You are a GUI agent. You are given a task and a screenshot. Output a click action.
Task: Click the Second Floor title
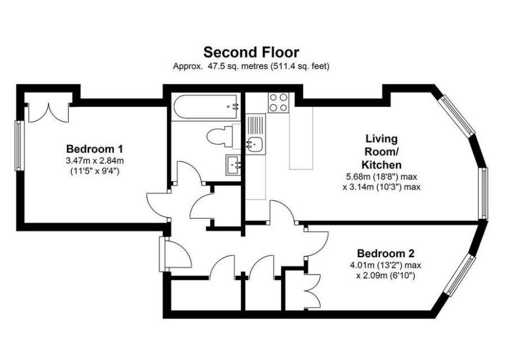click(x=251, y=52)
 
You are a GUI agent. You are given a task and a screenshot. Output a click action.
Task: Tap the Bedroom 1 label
click(x=94, y=149)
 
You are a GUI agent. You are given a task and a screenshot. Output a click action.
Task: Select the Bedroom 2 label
click(x=386, y=253)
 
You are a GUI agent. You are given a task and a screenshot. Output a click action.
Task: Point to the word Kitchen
click(x=381, y=164)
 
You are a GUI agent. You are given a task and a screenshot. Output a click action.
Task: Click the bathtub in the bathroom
click(x=205, y=107)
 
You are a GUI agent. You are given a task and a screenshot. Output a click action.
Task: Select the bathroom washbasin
click(x=233, y=165)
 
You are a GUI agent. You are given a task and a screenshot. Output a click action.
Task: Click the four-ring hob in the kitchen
click(x=278, y=103)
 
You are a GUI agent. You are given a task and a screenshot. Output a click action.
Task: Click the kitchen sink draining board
click(x=256, y=124)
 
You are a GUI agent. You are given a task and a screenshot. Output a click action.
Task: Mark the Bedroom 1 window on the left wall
click(x=19, y=145)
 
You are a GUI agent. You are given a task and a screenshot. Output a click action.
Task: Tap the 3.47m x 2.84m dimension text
click(x=94, y=161)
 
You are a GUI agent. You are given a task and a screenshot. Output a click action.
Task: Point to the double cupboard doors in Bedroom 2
click(x=312, y=291)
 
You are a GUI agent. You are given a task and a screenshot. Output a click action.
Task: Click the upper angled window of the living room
click(x=457, y=115)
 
